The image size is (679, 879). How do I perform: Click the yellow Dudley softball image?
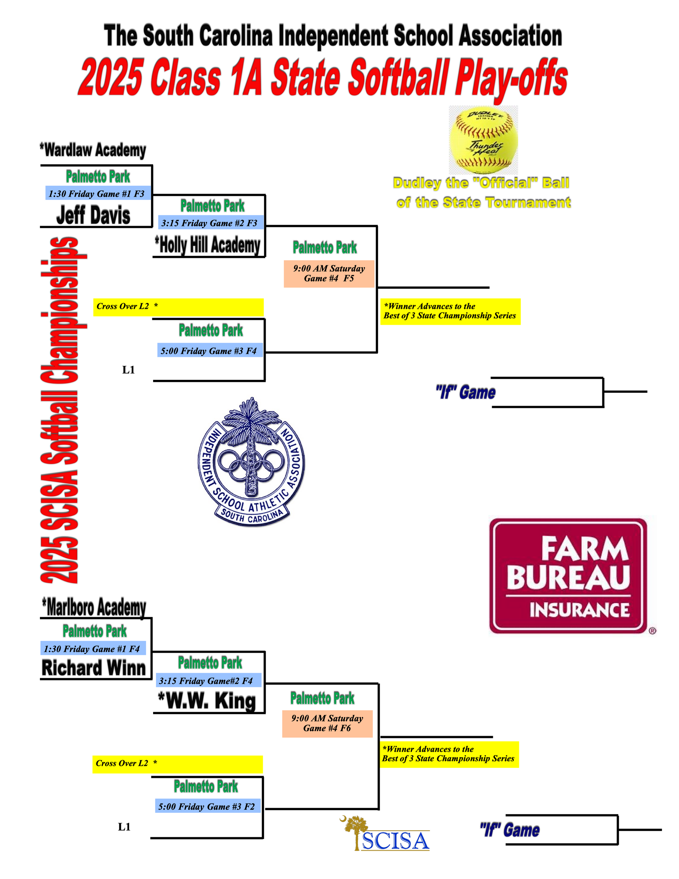483,140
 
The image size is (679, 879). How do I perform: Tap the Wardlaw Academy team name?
93,150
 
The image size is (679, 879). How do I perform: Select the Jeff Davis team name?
93,215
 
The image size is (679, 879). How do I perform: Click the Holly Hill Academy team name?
208,245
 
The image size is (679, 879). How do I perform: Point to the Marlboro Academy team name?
94,607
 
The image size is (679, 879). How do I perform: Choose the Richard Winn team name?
93,668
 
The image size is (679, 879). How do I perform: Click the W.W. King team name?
207,701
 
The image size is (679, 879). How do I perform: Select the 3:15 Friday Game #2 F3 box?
209,223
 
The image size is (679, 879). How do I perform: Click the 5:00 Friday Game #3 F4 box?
209,351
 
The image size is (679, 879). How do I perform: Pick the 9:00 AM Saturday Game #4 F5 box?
329,273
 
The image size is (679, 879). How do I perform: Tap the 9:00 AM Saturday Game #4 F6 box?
327,723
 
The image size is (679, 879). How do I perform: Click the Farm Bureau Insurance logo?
568,576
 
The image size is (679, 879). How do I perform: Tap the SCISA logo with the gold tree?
387,834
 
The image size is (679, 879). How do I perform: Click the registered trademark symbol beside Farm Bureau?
652,631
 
